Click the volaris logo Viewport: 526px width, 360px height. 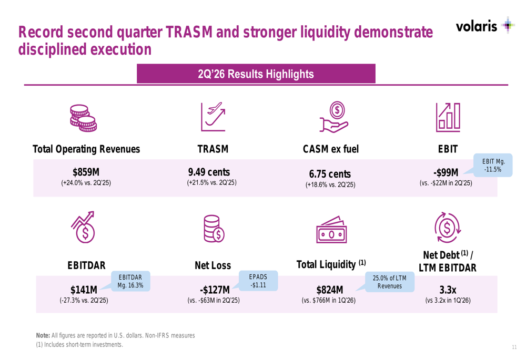pyautogui.click(x=485, y=25)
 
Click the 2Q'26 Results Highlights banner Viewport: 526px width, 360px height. pyautogui.click(x=256, y=74)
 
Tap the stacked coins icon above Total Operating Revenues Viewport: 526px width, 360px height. pyautogui.click(x=83, y=118)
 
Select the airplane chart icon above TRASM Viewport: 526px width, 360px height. pyautogui.click(x=213, y=117)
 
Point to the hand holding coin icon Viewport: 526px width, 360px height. pyautogui.click(x=334, y=117)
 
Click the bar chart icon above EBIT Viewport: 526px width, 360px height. pyautogui.click(x=448, y=117)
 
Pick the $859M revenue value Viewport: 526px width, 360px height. pyautogui.click(x=86, y=172)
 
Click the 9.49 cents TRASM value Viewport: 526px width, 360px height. pyautogui.click(x=209, y=172)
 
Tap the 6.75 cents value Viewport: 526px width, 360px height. pyautogui.click(x=330, y=174)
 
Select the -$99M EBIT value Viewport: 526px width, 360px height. pyautogui.click(x=446, y=172)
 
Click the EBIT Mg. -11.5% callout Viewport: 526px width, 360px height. pyautogui.click(x=492, y=165)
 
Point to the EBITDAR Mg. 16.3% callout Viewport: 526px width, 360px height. pyautogui.click(x=130, y=281)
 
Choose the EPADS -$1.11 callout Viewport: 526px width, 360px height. pyautogui.click(x=258, y=281)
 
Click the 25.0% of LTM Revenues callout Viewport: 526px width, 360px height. pyautogui.click(x=389, y=282)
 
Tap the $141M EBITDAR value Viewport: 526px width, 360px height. pyautogui.click(x=84, y=290)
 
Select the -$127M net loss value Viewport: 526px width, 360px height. pyautogui.click(x=215, y=290)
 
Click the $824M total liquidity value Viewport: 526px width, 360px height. pyautogui.click(x=330, y=290)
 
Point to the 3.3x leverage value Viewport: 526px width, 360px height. pyautogui.click(x=448, y=290)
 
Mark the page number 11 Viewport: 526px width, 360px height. pyautogui.click(x=514, y=347)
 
